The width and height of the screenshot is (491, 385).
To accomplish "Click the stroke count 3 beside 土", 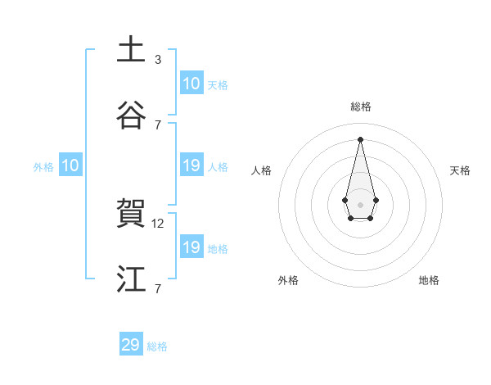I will tap(158, 59).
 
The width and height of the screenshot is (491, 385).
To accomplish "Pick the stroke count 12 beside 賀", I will tap(160, 223).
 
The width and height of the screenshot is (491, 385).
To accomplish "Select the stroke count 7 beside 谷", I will tap(158, 125).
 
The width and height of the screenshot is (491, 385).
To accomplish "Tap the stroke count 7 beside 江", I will tap(158, 288).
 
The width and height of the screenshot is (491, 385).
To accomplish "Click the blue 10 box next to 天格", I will tap(191, 84).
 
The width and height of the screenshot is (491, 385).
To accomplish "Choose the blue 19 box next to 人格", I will tap(191, 165).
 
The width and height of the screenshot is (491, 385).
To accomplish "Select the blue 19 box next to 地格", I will tap(191, 247).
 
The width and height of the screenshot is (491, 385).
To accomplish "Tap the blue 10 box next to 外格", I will tap(70, 165).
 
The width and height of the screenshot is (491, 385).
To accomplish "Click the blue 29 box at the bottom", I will tap(131, 345).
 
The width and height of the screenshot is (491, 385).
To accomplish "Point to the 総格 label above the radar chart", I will tap(361, 106).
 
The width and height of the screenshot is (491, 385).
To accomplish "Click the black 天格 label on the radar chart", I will tap(460, 170).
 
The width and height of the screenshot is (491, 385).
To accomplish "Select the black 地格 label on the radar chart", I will tap(429, 280).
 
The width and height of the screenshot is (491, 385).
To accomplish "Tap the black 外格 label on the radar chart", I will tap(288, 280).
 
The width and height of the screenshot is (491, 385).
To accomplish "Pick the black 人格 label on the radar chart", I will tap(262, 170).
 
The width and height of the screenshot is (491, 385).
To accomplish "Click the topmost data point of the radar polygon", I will tap(361, 138).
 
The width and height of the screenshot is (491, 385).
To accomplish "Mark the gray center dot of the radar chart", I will tap(361, 204).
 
